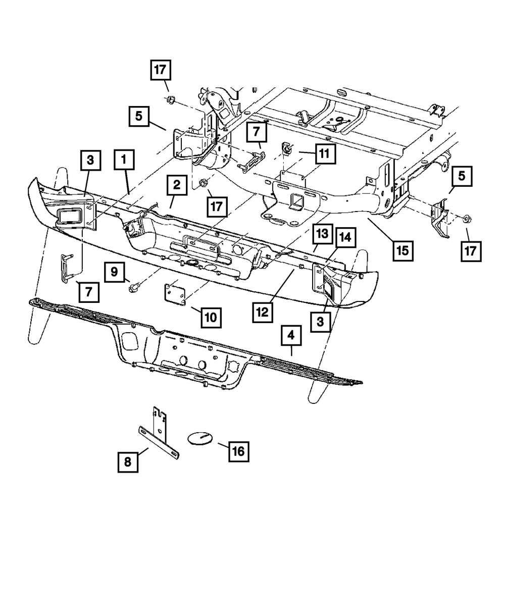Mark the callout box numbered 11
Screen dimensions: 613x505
tap(325, 154)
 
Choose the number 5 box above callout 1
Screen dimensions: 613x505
tap(139, 116)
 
